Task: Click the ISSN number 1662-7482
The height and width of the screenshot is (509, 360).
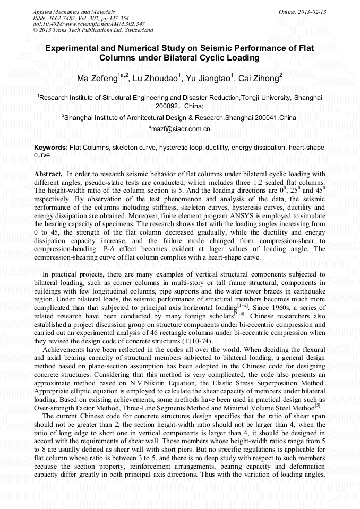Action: point(63,18)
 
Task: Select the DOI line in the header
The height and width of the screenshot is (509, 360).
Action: point(89,24)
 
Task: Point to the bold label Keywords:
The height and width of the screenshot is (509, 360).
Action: point(50,147)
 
